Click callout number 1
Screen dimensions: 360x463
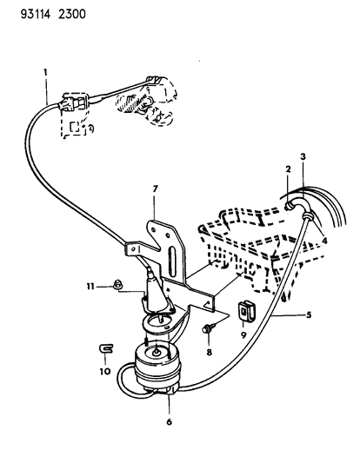point(45,72)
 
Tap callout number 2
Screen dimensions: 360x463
point(288,169)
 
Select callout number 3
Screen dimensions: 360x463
point(303,156)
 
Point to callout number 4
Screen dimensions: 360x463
point(324,241)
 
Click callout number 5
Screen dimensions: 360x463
point(309,314)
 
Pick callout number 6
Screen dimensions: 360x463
point(169,422)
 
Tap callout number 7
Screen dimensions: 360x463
point(156,189)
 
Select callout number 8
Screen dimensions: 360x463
point(210,352)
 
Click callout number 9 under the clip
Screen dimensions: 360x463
point(243,335)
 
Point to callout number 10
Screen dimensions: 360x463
point(105,371)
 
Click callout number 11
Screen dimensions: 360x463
point(90,287)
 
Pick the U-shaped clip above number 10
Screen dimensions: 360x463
point(106,348)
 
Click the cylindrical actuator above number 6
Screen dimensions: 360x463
point(157,367)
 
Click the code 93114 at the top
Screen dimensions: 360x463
point(36,14)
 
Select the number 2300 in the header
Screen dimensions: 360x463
point(72,14)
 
